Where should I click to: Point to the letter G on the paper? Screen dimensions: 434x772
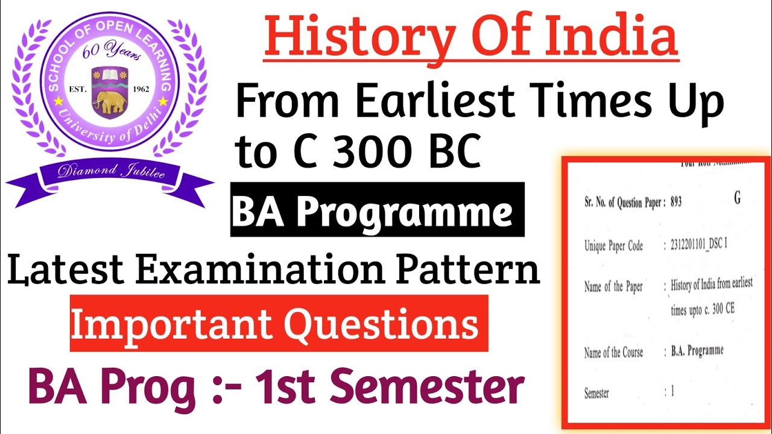737,198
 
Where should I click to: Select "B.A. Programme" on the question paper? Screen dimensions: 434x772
697,350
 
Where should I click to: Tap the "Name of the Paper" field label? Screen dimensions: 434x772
613,286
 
